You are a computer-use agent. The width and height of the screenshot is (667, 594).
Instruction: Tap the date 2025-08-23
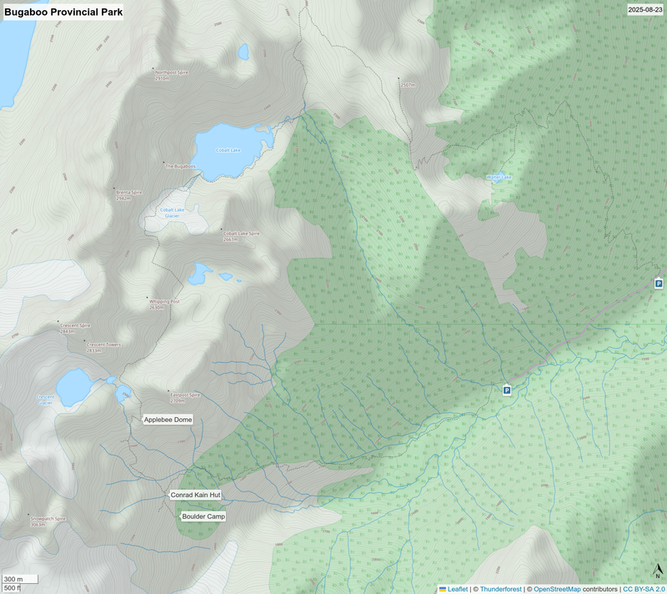[646, 10]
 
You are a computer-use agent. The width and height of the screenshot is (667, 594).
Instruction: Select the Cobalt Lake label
[228, 150]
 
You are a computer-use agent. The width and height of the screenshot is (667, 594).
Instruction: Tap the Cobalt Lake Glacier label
[172, 212]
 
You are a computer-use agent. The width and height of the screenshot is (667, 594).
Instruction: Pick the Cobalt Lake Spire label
[242, 235]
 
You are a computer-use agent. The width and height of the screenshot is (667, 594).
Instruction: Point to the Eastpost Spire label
[185, 397]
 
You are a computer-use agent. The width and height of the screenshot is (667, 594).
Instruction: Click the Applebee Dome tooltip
[168, 419]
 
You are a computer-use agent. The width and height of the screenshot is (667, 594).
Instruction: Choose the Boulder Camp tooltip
[203, 516]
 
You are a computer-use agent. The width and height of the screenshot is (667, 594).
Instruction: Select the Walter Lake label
[499, 177]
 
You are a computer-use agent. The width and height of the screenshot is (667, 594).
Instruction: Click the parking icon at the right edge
[659, 284]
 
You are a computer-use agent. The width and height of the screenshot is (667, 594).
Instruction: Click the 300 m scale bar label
[13, 579]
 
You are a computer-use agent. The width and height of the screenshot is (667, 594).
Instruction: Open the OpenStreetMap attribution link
[557, 589]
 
